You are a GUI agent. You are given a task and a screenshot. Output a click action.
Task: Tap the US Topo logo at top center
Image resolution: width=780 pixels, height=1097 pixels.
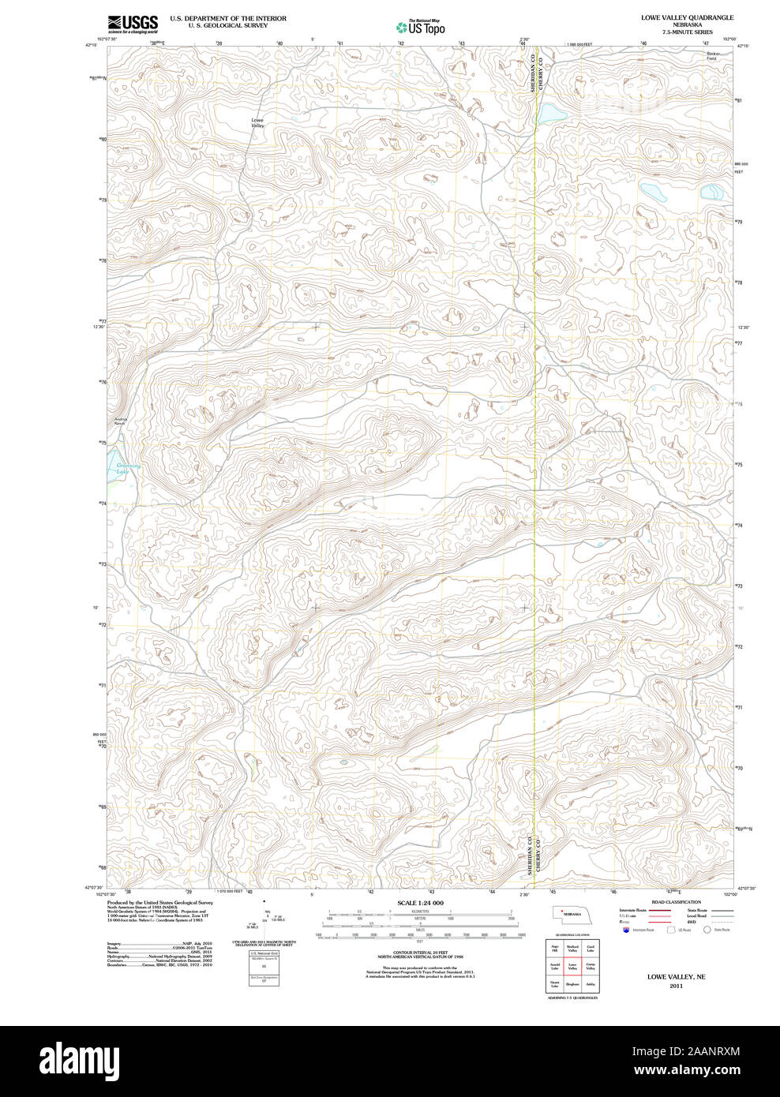[x=421, y=27]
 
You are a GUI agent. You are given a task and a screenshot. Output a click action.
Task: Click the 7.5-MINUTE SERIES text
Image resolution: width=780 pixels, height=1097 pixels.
[x=687, y=32]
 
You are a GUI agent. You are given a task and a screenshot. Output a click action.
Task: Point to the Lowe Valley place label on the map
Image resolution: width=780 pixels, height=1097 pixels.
[x=257, y=123]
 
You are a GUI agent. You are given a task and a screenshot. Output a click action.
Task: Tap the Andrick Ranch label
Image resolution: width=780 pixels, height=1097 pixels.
[x=120, y=421]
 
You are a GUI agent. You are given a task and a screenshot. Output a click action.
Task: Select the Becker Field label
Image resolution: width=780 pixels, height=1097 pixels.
[x=712, y=56]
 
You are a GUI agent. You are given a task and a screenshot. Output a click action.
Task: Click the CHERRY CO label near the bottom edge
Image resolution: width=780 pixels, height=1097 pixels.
[x=540, y=854]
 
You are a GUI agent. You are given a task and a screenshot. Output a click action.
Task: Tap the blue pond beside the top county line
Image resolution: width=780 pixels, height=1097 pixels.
[x=551, y=114]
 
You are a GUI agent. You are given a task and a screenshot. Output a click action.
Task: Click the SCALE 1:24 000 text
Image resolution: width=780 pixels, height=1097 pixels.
[x=420, y=903]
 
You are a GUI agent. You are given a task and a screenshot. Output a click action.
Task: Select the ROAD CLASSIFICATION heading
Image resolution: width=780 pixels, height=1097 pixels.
[x=676, y=902]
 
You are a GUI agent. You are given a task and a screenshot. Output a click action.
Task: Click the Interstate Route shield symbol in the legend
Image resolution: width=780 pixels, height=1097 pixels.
[x=627, y=930]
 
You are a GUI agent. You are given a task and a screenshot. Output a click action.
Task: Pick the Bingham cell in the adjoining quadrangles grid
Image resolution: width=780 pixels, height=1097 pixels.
[x=572, y=984]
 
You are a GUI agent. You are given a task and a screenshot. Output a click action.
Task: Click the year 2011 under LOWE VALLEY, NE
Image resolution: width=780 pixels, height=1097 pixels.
[x=676, y=986]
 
